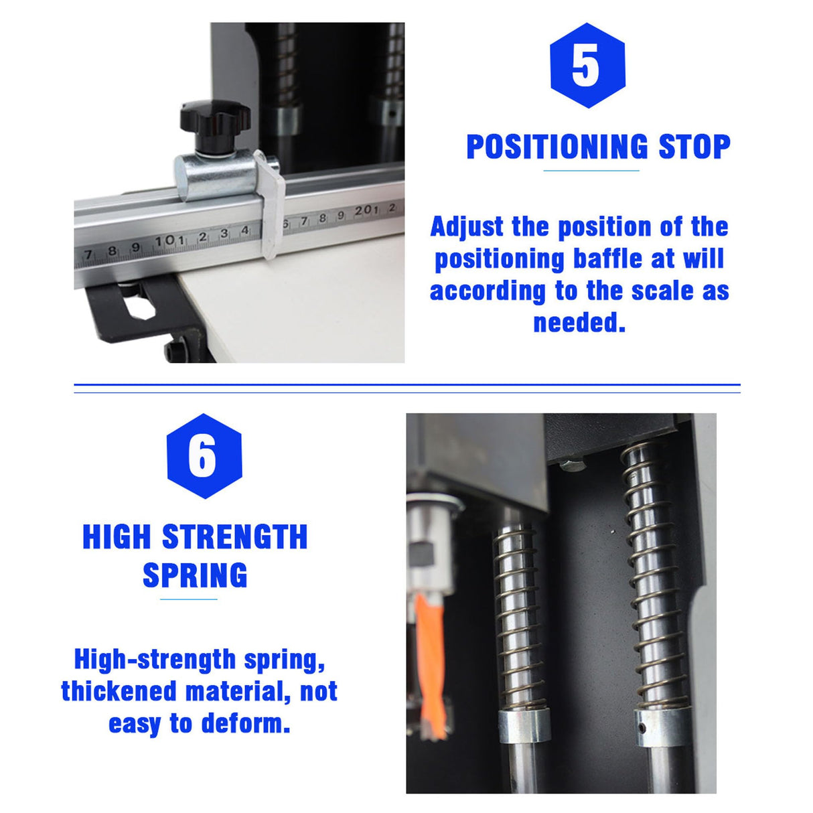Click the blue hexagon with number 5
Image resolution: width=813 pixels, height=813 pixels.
click(x=587, y=66)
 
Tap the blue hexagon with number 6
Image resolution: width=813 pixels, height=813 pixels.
click(x=204, y=456)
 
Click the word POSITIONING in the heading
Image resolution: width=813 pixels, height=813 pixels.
click(x=557, y=147)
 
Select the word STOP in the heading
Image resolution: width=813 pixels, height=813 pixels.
click(x=694, y=147)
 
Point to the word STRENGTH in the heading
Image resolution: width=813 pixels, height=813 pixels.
click(x=235, y=537)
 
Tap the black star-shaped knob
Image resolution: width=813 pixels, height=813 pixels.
click(x=214, y=121)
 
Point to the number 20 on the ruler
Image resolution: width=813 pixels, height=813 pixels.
click(x=362, y=211)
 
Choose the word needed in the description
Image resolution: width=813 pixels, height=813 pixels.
click(x=579, y=323)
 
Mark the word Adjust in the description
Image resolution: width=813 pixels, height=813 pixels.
click(x=467, y=227)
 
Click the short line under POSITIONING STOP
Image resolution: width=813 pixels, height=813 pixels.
click(x=591, y=171)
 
